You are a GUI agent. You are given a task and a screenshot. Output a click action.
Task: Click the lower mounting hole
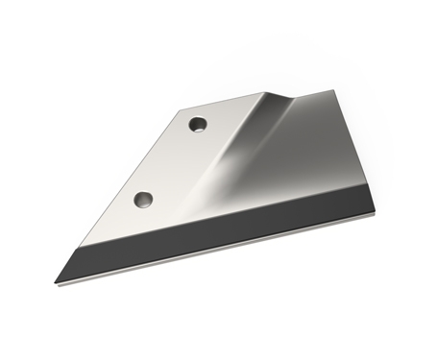[x=144, y=200]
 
